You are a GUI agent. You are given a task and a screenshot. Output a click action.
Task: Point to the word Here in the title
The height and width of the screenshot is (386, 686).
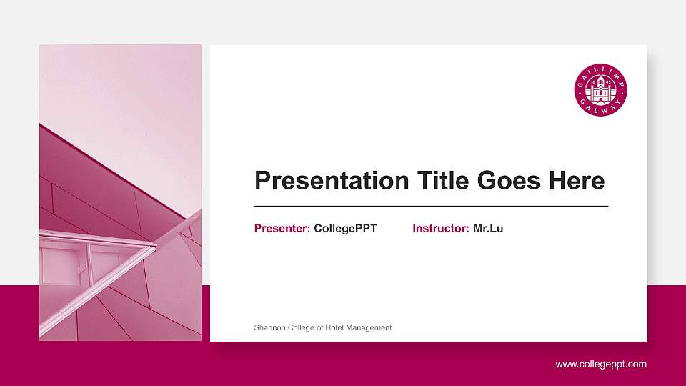[x=577, y=181]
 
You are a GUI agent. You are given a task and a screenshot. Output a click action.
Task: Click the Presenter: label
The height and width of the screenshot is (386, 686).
[x=282, y=229]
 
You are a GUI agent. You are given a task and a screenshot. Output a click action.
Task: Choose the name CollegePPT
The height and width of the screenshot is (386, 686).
[x=345, y=229]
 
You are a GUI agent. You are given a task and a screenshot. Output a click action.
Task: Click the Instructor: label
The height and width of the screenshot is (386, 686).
[x=441, y=229]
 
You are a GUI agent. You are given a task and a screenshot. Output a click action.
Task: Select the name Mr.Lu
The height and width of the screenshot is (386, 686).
[x=488, y=229]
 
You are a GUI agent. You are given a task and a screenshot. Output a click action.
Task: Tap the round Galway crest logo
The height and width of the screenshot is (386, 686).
[x=601, y=90]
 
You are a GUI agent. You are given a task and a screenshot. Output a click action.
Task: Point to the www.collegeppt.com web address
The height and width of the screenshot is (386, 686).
[x=601, y=365]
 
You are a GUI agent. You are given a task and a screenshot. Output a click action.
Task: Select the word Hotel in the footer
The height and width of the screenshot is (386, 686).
[x=339, y=328]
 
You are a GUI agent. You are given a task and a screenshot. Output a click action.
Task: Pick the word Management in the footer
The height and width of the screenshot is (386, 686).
[x=373, y=328]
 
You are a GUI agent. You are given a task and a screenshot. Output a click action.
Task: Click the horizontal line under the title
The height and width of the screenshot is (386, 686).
[x=431, y=206]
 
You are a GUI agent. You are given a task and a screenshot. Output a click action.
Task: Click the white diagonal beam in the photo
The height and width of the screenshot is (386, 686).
[x=100, y=286]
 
